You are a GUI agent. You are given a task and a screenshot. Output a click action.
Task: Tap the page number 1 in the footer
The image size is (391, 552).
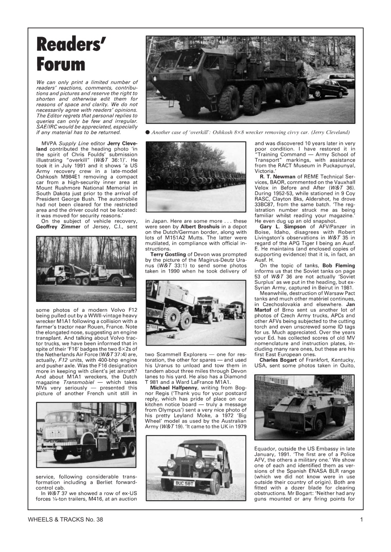(x=361, y=520)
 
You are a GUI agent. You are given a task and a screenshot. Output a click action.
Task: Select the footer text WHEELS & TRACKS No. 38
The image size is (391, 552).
(x=65, y=520)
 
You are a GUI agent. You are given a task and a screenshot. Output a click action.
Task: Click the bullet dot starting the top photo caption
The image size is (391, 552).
(x=148, y=132)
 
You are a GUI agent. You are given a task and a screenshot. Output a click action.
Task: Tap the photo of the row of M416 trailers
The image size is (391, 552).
(x=196, y=176)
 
